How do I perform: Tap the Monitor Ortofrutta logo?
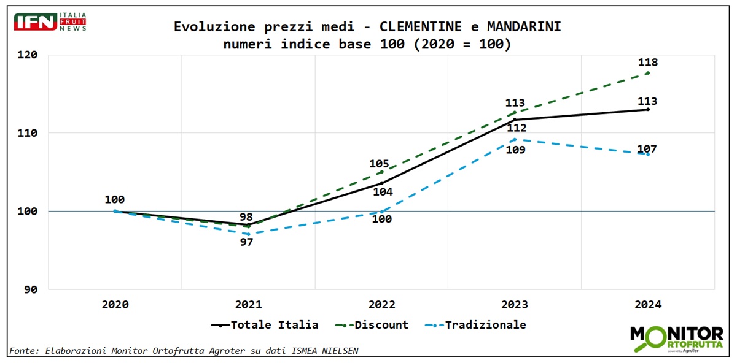point(676,338)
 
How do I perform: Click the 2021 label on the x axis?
point(248,304)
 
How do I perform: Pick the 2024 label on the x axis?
point(647,304)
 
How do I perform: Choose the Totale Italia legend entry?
point(265,325)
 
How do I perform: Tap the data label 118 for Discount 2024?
point(647,63)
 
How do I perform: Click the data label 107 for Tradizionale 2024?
point(647,148)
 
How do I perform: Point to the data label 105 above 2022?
point(379,164)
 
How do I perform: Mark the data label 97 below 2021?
point(246,242)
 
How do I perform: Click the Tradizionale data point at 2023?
point(514,139)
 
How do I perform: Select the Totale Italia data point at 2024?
point(648,109)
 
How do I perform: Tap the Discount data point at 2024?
point(648,73)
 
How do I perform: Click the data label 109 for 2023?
point(515,150)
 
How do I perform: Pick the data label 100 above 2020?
point(114,199)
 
